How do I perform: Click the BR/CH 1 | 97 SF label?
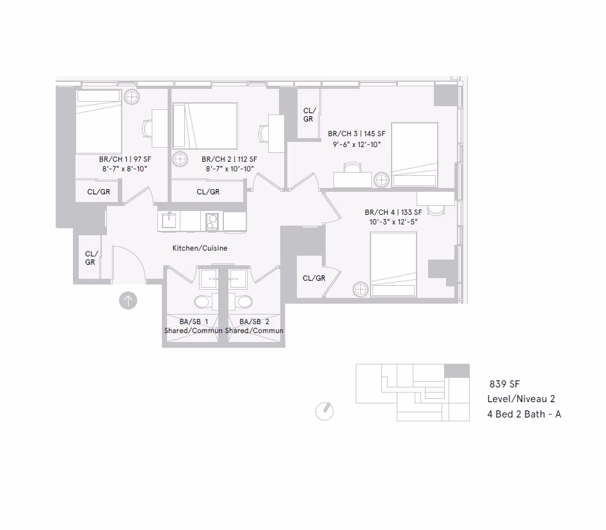click(x=125, y=159)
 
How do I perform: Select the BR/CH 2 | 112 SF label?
click(x=229, y=159)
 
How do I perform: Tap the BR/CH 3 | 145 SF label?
click(x=356, y=134)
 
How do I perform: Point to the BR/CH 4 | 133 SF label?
click(x=393, y=212)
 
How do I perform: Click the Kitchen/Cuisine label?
click(x=200, y=248)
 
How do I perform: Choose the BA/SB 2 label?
click(x=254, y=322)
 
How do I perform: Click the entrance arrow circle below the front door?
click(x=128, y=300)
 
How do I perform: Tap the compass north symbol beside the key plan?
click(x=325, y=411)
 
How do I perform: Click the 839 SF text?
click(x=504, y=384)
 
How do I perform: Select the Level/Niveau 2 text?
click(x=521, y=399)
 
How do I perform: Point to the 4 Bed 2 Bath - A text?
click(x=524, y=414)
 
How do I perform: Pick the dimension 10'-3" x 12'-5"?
click(x=392, y=222)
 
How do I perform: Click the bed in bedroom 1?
click(x=99, y=121)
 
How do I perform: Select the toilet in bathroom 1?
click(x=202, y=301)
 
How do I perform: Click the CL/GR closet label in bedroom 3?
click(x=308, y=115)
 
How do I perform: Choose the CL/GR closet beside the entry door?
click(x=90, y=258)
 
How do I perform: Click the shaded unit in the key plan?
click(x=456, y=371)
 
